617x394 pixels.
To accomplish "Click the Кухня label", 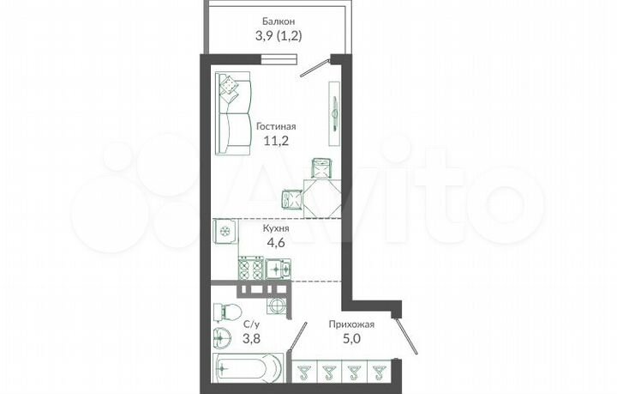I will tap(276, 229).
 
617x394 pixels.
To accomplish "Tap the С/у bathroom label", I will tap(252, 324).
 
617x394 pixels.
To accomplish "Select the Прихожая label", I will tap(351, 324).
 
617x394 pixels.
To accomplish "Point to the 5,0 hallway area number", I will tap(351, 340).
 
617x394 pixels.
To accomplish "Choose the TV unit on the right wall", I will tap(332, 110).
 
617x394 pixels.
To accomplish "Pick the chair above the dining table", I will tap(320, 167).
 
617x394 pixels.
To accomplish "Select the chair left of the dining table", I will tap(291, 199).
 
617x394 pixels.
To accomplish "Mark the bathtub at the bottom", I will tap(248, 369).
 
